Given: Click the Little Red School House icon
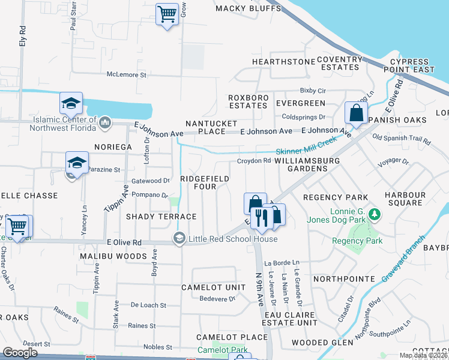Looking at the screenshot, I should pos(179,238).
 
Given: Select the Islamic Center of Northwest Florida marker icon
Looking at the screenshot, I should pos(105,122).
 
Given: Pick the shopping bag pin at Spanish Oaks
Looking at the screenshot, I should pos(356,112).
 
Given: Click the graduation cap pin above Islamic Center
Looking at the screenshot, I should pos(71,103).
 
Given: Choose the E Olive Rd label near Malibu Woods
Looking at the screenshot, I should pos(124,242).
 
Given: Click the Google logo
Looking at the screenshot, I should pos(20,352).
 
